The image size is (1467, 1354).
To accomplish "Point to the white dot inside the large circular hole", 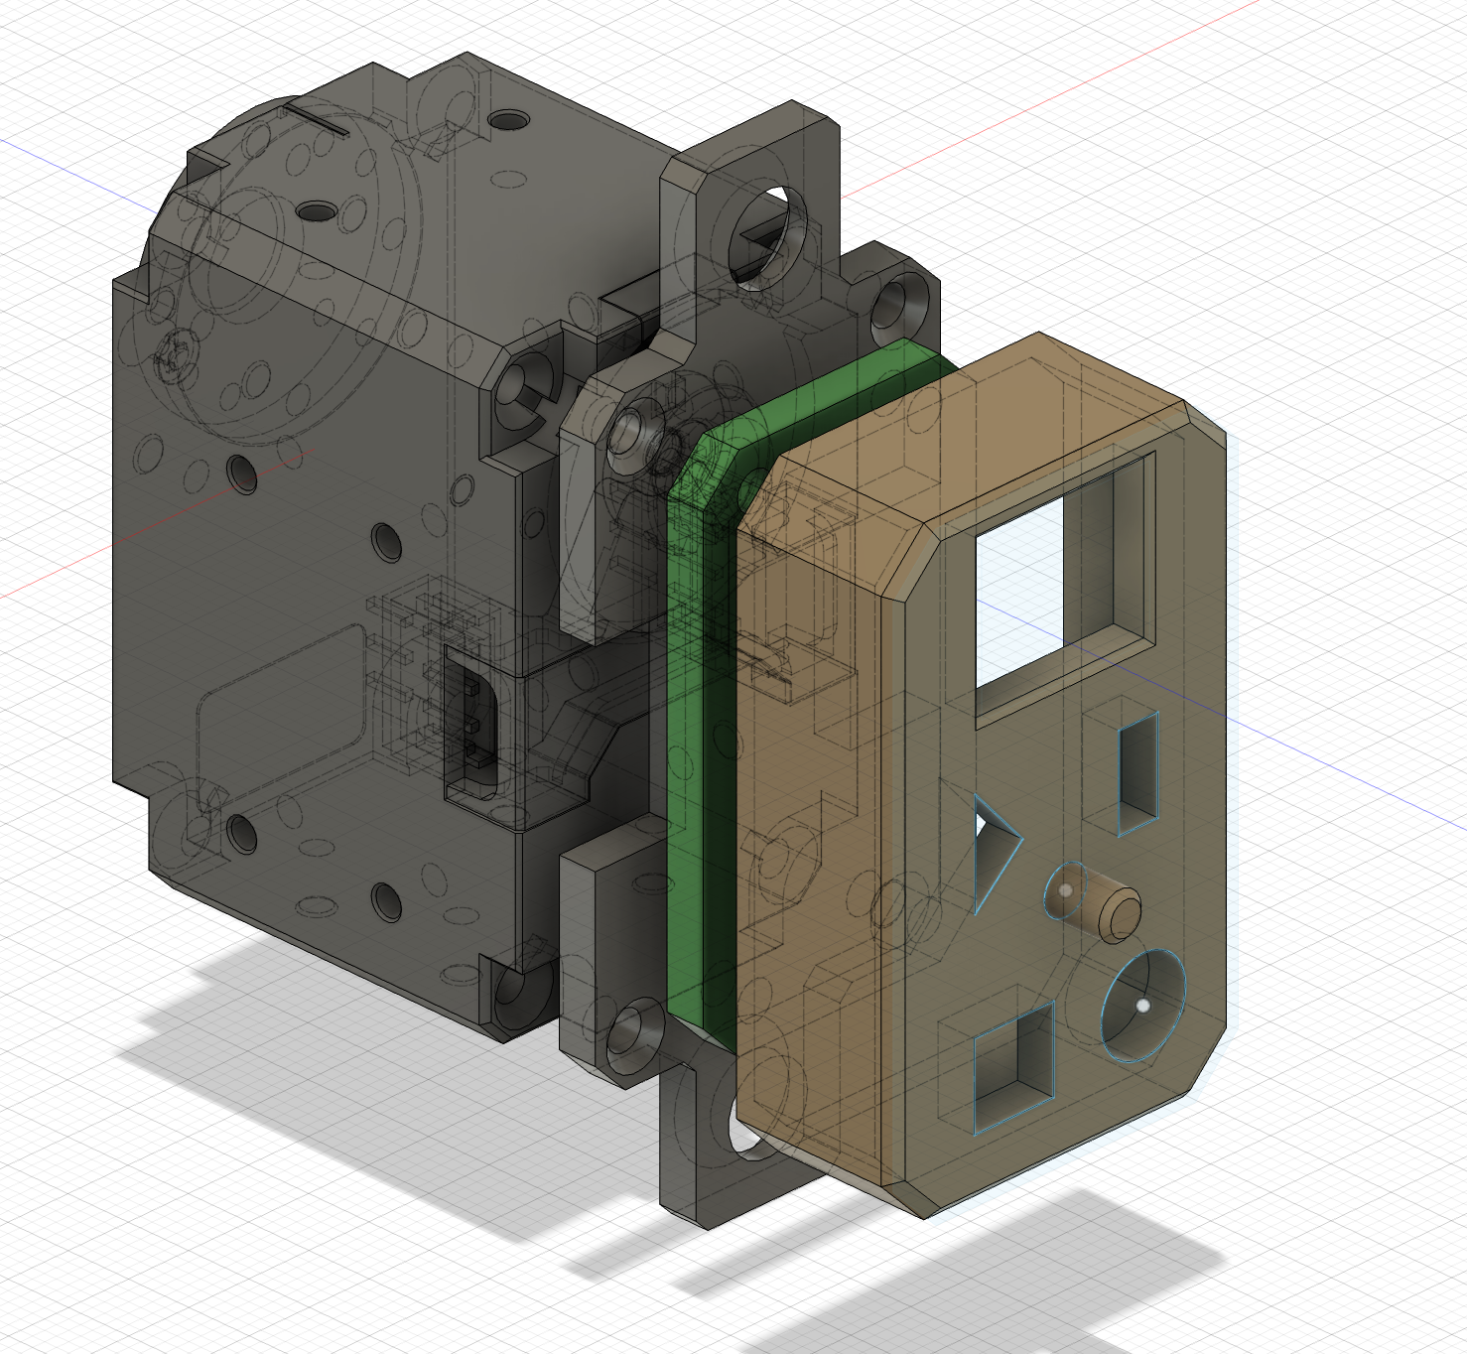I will coord(1143,1006).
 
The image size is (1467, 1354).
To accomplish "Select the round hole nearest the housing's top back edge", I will coord(509,120).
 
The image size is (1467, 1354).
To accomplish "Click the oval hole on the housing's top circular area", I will coord(319,210).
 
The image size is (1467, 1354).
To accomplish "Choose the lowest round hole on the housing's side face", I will coord(386,899).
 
